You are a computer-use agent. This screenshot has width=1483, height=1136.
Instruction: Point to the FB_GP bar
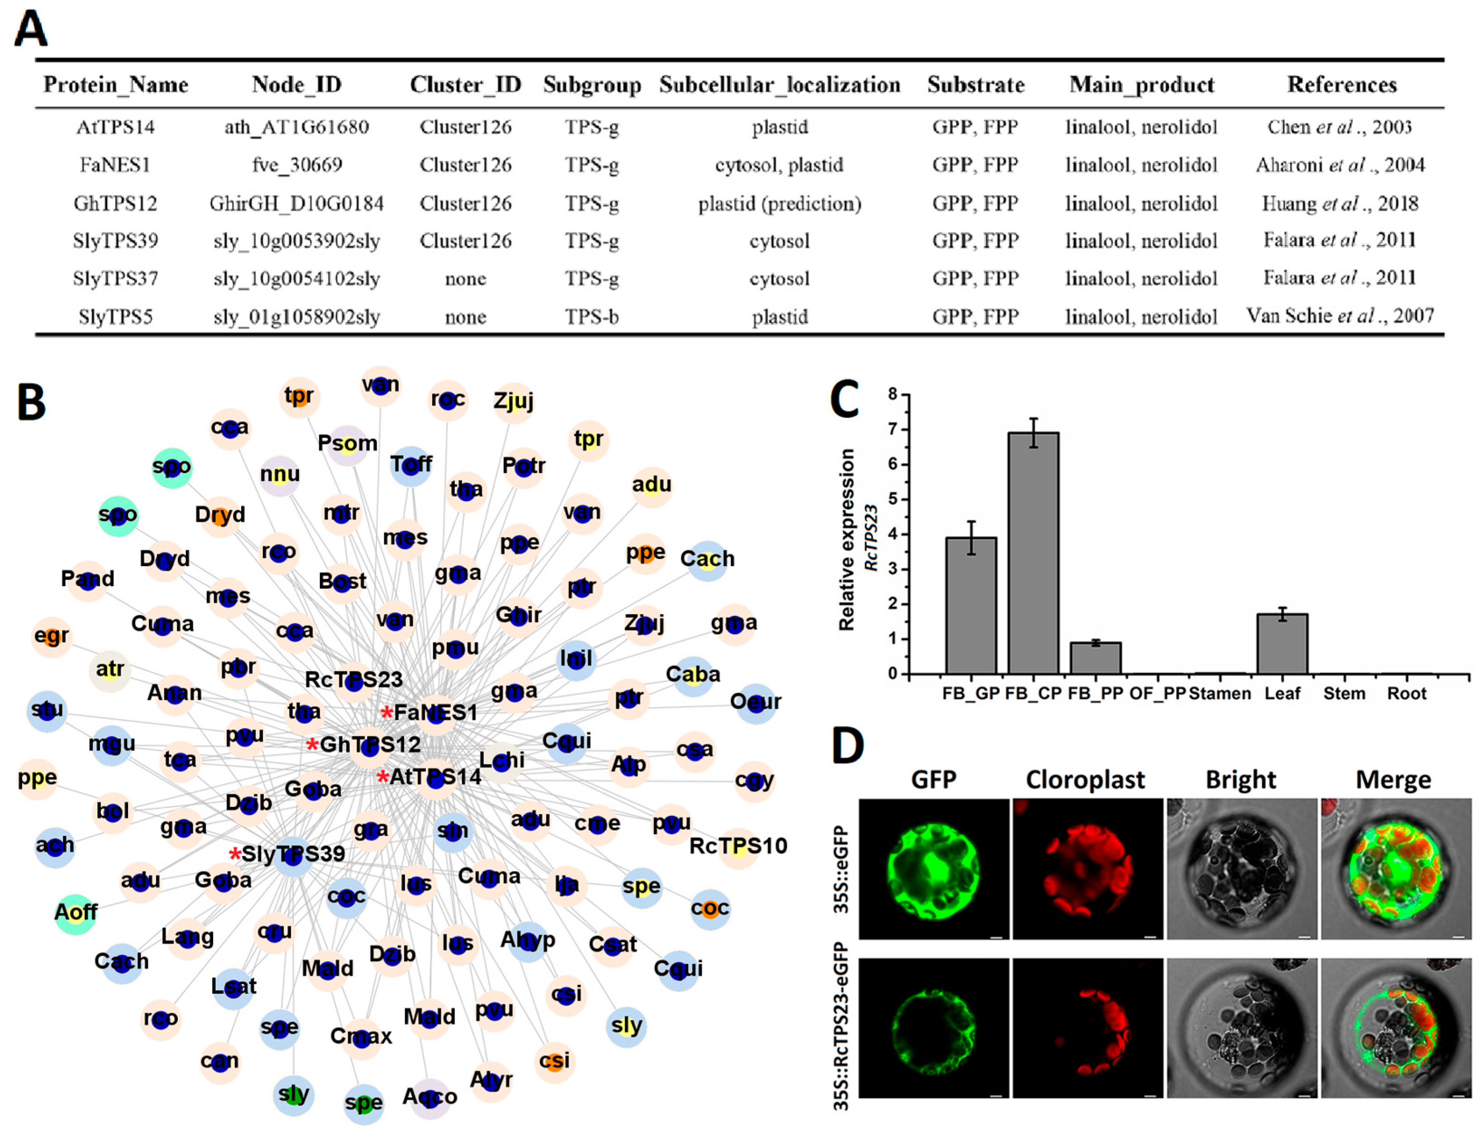pos(970,605)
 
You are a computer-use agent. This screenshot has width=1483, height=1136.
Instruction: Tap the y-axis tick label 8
pos(893,394)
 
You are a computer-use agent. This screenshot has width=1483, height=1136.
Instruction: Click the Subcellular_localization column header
pos(780,85)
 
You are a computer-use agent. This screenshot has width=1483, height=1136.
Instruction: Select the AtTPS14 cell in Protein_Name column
pos(115,127)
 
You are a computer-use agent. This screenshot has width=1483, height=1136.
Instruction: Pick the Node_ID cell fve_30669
pos(297,165)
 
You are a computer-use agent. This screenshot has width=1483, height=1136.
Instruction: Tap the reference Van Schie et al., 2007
pos(1340,316)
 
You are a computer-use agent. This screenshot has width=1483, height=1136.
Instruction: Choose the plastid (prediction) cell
pos(780,204)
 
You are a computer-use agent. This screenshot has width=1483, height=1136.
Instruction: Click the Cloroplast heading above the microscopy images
pos(1085,780)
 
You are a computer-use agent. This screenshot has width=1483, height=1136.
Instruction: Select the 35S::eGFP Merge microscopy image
pos(1396,869)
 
